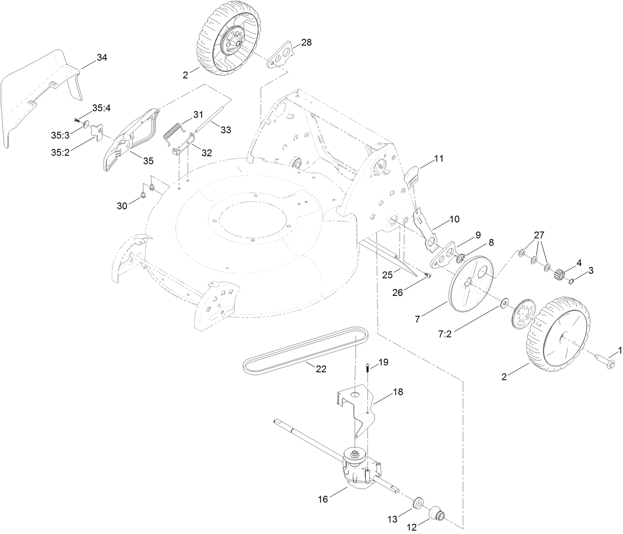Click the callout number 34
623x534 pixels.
click(102, 58)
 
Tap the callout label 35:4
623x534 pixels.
click(101, 108)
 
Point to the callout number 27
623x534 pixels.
click(539, 235)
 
